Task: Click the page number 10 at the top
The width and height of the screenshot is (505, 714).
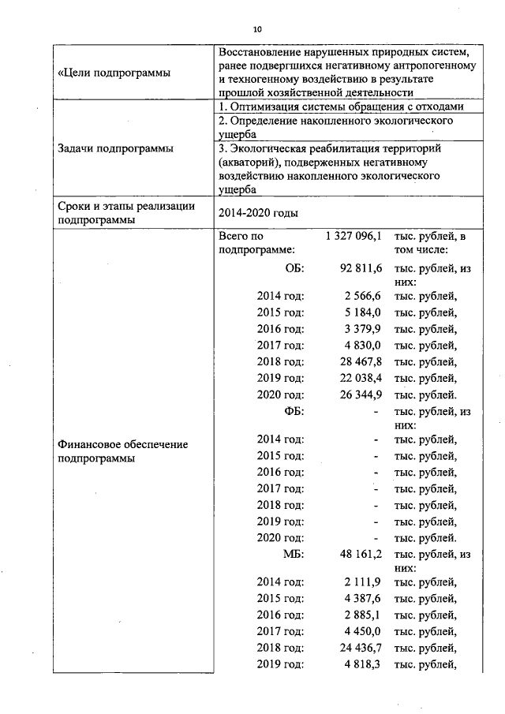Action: point(257,30)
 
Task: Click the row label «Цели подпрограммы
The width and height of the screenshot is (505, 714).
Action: point(114,73)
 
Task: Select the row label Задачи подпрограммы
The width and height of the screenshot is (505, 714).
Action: point(116,148)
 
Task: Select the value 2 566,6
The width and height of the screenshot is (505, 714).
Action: point(363,296)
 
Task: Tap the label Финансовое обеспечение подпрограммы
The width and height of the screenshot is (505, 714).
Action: point(123,451)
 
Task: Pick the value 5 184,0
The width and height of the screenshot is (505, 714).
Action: point(363,312)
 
